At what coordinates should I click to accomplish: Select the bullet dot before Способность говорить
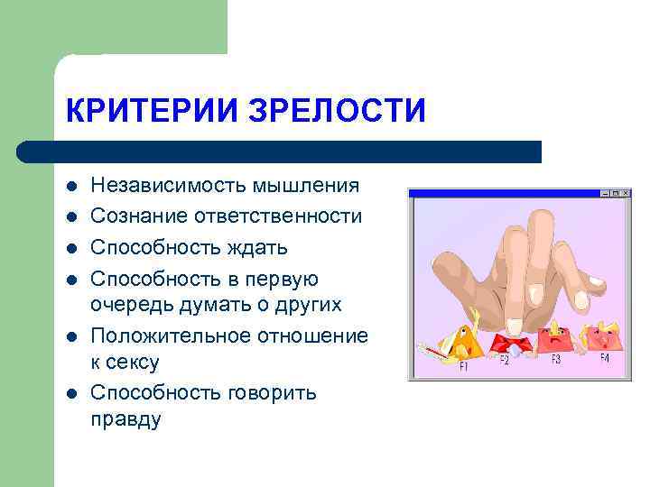tap(71, 394)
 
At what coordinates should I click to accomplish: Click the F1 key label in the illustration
tap(463, 366)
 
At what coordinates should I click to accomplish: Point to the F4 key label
tap(603, 359)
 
